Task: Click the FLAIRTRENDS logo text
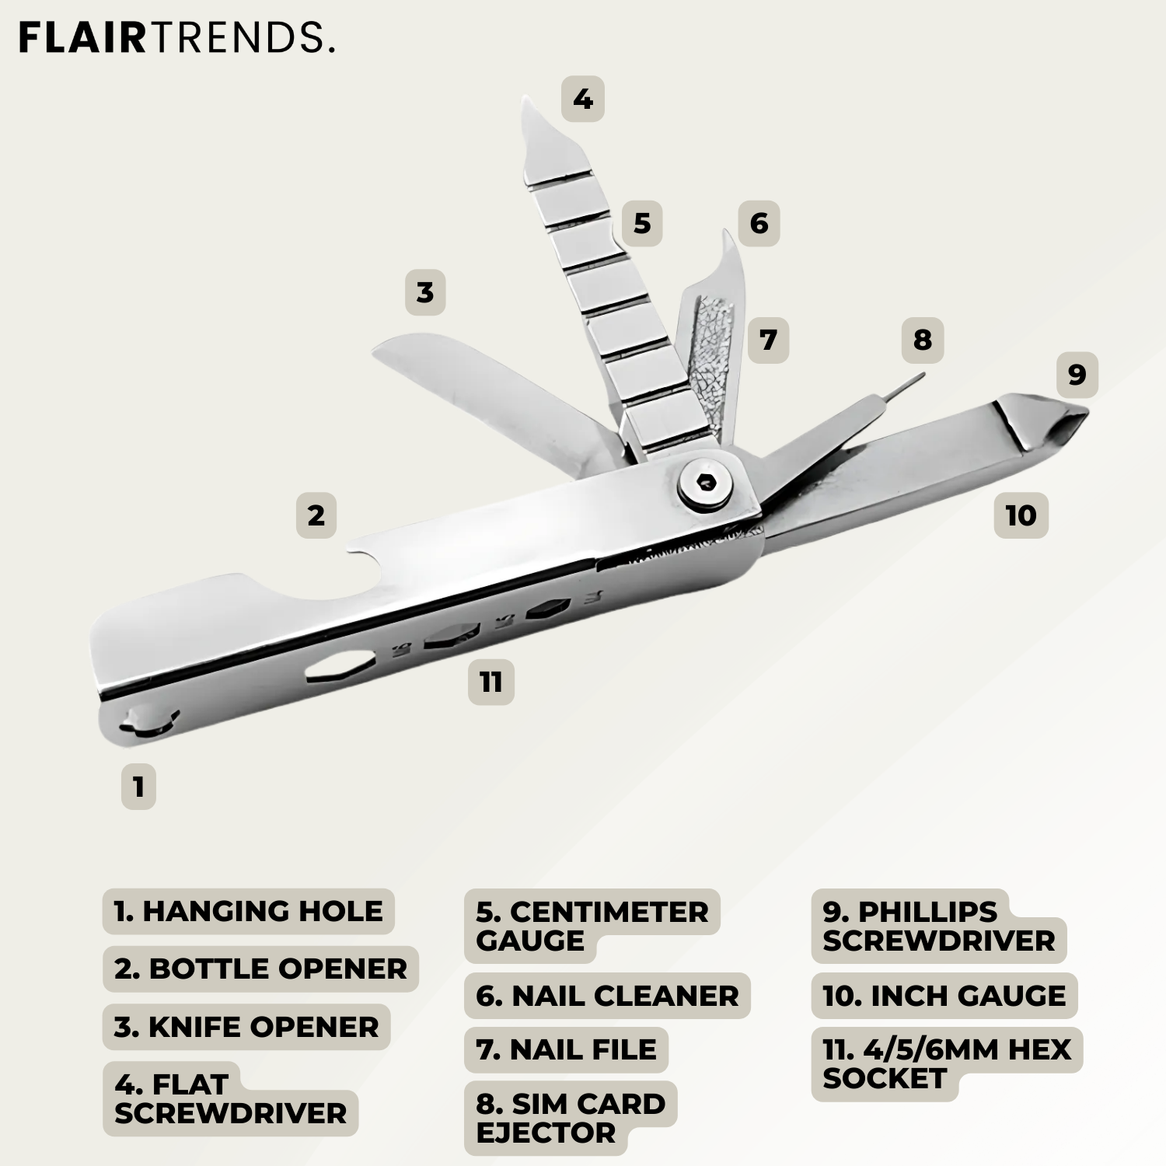176,37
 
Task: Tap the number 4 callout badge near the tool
583,99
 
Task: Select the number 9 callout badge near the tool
1077,375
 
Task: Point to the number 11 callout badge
490,682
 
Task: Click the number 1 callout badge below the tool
138,787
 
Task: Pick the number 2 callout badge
316,515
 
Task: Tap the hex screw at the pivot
706,483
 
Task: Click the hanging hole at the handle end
148,721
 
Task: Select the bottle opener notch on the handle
368,569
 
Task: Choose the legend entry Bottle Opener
260,969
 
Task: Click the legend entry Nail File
566,1049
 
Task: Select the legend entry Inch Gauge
944,996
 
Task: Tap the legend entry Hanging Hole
248,911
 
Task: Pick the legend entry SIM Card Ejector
571,1118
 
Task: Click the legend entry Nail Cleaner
607,996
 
